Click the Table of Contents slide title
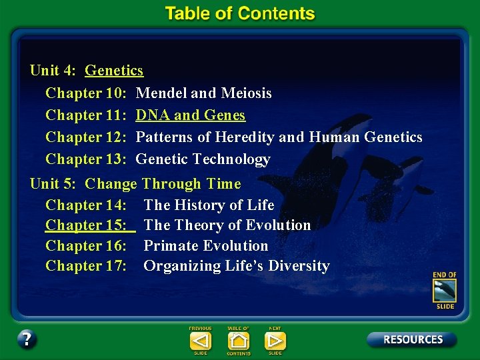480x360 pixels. [240, 13]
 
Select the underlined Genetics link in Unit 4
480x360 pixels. [114, 70]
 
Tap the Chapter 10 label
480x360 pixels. [86, 93]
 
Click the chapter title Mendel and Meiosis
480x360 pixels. [203, 93]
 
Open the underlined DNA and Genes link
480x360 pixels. [190, 115]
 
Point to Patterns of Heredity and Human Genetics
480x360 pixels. [279, 137]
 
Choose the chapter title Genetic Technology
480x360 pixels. [203, 159]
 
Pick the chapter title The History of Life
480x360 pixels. [209, 205]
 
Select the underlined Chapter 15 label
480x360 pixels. [86, 225]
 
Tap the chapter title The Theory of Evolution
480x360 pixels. [227, 225]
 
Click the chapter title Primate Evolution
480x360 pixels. [206, 245]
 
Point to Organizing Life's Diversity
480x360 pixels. [237, 265]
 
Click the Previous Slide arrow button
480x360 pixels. [200, 341]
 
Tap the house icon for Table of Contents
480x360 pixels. [238, 341]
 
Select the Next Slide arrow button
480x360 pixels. [275, 341]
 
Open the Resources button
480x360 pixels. [412, 339]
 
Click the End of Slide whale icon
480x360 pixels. [444, 290]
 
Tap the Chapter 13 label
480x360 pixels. [86, 159]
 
